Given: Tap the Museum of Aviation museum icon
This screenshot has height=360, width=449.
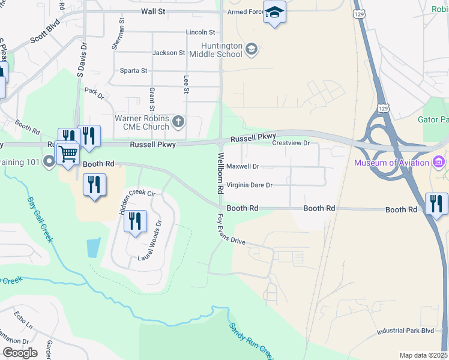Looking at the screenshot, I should [439, 163].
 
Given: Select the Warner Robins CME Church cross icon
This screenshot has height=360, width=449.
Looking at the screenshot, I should [178, 122].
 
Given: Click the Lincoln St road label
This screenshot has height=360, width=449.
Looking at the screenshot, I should [200, 32].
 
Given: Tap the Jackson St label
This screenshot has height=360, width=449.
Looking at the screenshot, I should [169, 53].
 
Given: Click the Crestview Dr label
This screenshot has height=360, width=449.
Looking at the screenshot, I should [291, 143].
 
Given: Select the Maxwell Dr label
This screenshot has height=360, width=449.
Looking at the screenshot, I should [243, 166].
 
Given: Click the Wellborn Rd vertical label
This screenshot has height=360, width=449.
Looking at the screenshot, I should [220, 173].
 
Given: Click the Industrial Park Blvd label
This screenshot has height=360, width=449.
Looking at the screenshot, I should [405, 331].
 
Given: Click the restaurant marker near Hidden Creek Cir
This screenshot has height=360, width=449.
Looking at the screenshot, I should [135, 221].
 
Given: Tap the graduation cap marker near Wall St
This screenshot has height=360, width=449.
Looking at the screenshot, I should [274, 12].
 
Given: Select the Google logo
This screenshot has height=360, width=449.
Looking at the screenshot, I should [20, 353].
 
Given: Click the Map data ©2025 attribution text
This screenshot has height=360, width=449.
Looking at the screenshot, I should [423, 355].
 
